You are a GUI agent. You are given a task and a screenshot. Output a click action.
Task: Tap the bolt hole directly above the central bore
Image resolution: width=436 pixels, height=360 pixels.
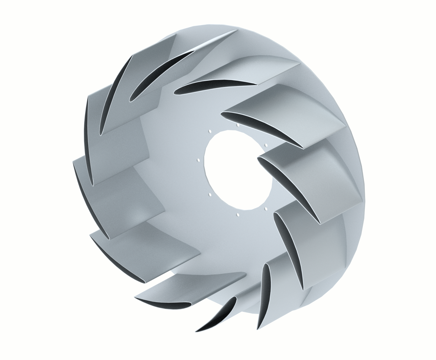[237, 125]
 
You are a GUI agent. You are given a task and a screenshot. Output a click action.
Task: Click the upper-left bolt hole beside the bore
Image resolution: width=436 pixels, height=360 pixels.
[210, 130]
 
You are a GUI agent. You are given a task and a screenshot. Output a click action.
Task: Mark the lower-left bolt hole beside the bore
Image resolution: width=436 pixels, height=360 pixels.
[210, 195]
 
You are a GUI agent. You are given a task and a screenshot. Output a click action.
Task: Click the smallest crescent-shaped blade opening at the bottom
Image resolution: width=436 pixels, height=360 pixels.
[221, 313]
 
